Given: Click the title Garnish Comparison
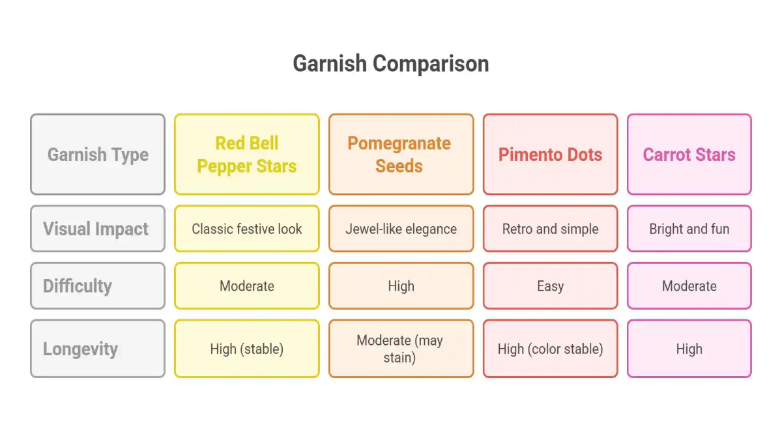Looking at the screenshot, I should point(390,64).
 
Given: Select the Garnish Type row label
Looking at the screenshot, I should point(98,154).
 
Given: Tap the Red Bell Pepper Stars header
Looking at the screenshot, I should point(247,154).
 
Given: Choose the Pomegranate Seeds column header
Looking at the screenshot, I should point(401,154).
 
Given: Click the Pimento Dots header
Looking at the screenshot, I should point(550,154).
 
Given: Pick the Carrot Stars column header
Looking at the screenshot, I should point(689,154).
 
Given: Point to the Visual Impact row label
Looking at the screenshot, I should point(98,229).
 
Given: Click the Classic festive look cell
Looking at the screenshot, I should point(247,229).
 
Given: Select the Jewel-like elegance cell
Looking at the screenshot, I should point(401,229).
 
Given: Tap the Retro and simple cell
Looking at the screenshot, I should point(550,229).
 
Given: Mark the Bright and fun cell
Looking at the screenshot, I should point(689,229).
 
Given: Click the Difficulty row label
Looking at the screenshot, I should point(98,286).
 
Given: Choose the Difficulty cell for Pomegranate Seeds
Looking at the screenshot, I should point(401,286).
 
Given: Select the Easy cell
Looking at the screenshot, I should point(550,286).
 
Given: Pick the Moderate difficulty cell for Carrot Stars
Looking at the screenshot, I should point(689,286).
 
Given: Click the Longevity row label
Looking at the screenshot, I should point(98,349).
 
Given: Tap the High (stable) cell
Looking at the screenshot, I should point(247,349).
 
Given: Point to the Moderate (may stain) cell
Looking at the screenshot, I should point(401,349).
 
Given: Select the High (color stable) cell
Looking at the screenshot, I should point(550,349).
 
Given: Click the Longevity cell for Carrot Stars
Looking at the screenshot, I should point(689,349).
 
